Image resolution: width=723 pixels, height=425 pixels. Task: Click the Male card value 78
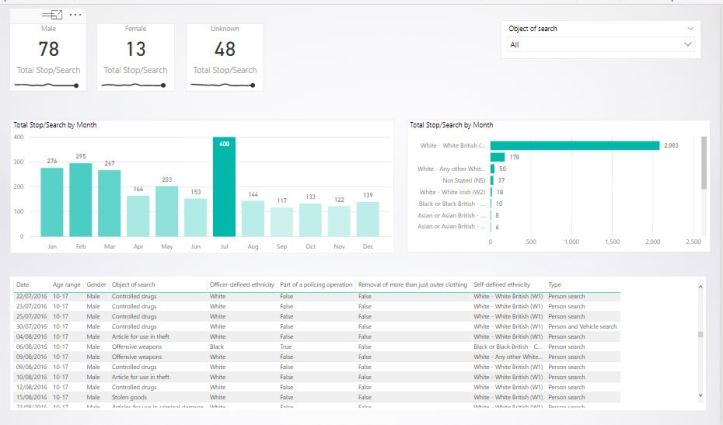pos(48,50)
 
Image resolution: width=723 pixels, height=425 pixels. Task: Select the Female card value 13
pos(135,50)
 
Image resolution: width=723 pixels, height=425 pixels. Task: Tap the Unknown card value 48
pos(224,50)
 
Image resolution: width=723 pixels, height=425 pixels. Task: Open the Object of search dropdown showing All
pos(601,45)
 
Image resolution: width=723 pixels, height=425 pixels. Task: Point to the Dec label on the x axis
pos(368,245)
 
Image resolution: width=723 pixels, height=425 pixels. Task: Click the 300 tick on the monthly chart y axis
pos(18,160)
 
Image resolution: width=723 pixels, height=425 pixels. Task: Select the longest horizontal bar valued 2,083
pos(574,145)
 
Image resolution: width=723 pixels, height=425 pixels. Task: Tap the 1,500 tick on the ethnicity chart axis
pos(654,242)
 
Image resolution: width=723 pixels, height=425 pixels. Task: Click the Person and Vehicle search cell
pos(583,326)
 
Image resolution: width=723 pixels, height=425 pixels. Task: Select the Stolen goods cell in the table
pos(131,396)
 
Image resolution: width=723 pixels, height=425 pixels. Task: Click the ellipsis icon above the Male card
pos(76,15)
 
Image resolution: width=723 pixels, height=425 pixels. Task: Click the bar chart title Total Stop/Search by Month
pos(55,125)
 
